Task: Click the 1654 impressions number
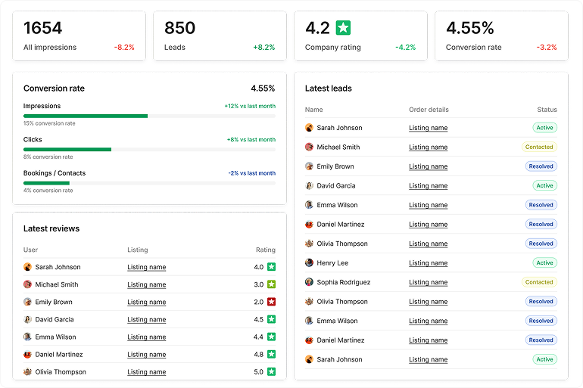coord(42,29)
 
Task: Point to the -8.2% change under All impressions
coord(124,47)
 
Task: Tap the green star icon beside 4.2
coord(343,28)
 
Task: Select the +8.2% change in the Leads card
coord(263,47)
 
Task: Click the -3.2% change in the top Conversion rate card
coord(547,47)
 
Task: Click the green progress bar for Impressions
coord(86,116)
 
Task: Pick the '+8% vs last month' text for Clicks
coord(251,140)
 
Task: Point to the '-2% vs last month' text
coord(251,173)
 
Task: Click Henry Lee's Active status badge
coord(544,263)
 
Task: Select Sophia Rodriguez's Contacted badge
coord(539,282)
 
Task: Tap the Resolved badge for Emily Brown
coord(541,166)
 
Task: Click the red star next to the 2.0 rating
coord(271,302)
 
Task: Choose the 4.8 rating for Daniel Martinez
coord(259,355)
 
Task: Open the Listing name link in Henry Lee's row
coord(428,263)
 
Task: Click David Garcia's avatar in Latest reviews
coord(27,319)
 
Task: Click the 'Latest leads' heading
coord(329,88)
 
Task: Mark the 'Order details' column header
coord(429,110)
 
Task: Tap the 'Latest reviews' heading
coord(51,228)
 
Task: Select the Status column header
coord(547,110)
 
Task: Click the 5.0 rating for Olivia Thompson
coord(259,372)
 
